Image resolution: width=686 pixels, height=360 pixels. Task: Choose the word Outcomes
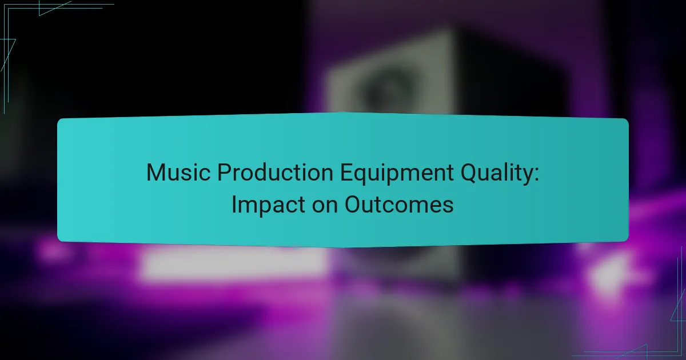(x=399, y=205)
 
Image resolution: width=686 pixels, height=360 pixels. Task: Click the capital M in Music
(x=155, y=173)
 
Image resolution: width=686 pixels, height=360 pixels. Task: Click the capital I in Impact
(x=234, y=205)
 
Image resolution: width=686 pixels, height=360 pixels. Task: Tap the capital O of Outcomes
(x=353, y=205)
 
